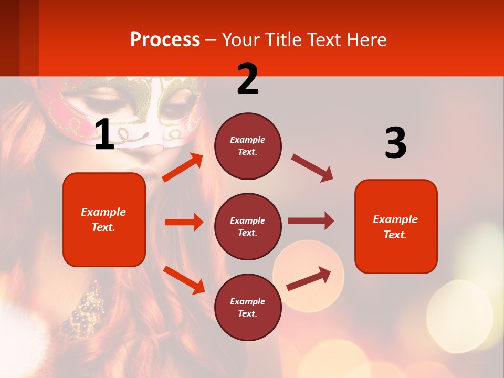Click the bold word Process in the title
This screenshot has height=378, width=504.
point(165,40)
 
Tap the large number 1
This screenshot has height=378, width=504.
point(104,135)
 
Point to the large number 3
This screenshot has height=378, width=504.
point(395,143)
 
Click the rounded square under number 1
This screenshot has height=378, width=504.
point(104,219)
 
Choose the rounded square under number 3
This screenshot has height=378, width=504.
point(396,226)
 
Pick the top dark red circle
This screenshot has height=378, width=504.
point(248,146)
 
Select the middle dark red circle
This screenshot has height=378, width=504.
point(248,226)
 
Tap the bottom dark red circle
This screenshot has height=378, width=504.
point(248,307)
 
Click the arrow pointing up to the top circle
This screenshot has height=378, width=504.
point(183,167)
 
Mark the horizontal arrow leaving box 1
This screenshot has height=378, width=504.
point(184,222)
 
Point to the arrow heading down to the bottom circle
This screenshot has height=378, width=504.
point(184,279)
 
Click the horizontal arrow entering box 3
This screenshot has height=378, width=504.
point(311,221)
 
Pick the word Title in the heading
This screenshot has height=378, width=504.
point(283,40)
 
